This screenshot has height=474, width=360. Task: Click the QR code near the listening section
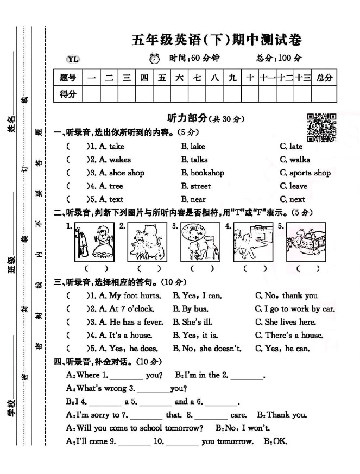tap(321, 128)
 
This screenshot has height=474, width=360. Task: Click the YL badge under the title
tap(72, 59)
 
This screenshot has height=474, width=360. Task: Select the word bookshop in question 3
tap(207, 173)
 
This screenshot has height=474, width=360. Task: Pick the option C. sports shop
tap(305, 173)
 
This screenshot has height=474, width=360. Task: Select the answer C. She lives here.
tap(285, 322)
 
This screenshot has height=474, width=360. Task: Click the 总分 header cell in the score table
tap(324, 77)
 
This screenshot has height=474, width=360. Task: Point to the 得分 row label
tap(68, 93)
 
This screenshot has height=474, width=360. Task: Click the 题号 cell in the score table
tap(68, 77)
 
